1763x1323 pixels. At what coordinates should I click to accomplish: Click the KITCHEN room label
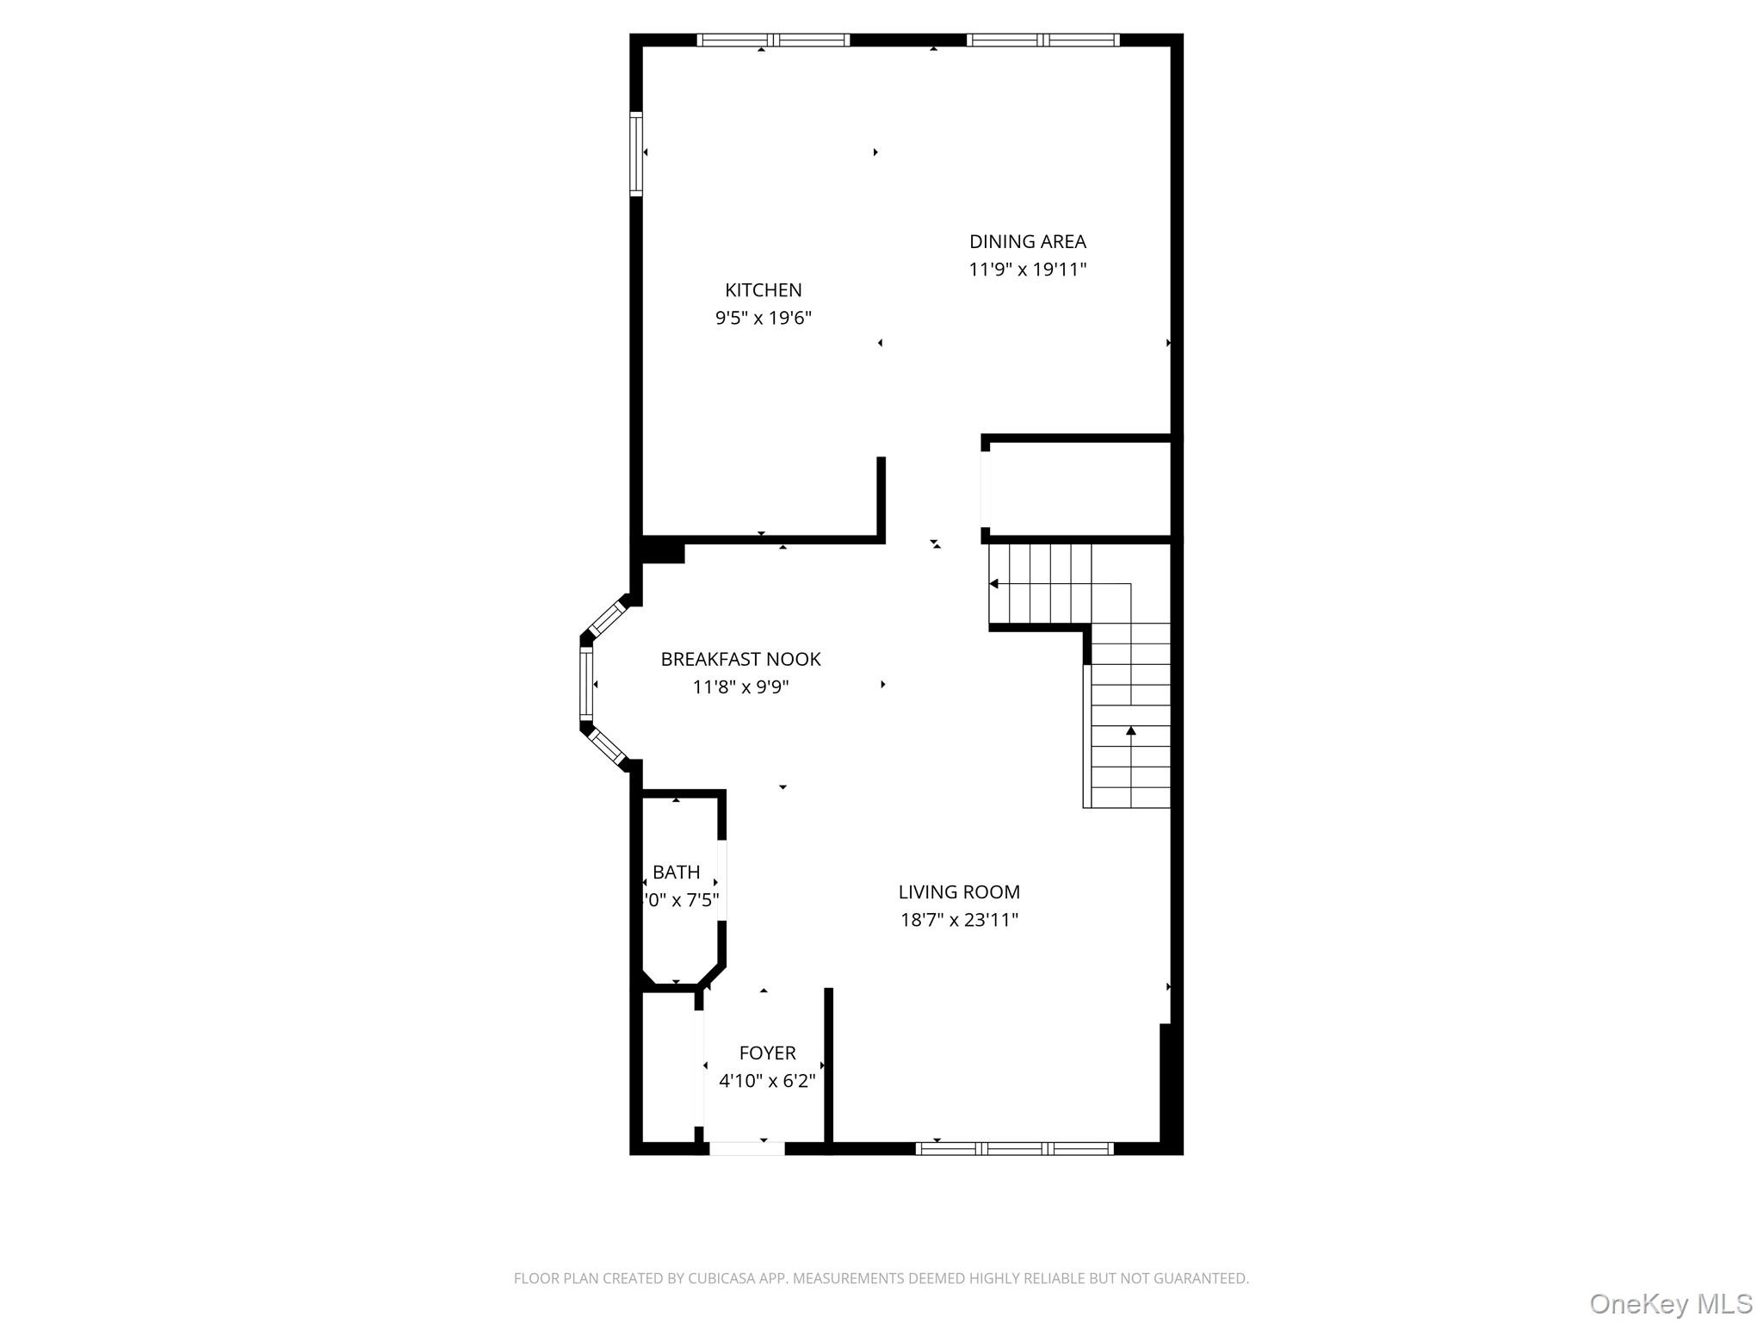[763, 290]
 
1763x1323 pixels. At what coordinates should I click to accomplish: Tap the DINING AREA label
[1027, 242]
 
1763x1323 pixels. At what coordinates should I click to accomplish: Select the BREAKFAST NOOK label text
[740, 659]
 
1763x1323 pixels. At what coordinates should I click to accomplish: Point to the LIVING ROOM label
[959, 892]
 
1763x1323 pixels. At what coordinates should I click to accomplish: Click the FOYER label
[767, 1053]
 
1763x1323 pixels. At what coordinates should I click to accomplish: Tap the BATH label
[676, 873]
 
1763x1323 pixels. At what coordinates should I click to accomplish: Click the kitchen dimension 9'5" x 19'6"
[764, 318]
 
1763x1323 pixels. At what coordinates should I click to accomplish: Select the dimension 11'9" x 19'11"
[1027, 270]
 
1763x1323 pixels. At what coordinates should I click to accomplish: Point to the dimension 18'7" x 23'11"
[959, 920]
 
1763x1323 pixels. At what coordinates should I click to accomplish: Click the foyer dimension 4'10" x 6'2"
[767, 1080]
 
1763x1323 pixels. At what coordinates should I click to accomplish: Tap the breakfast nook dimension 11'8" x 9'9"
[740, 687]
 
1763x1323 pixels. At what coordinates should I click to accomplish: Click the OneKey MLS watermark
[1670, 1303]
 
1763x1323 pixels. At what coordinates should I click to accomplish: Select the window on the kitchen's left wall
[636, 154]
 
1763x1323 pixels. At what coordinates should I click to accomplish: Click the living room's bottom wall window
[1014, 1147]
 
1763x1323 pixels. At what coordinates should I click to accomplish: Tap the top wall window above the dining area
[1042, 40]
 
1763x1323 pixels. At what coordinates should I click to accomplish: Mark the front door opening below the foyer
[746, 1147]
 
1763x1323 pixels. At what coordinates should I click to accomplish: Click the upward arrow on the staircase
[1130, 730]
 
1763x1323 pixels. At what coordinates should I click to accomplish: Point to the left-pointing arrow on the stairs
[994, 584]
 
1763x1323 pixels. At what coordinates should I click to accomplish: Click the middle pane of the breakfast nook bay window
[586, 683]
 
